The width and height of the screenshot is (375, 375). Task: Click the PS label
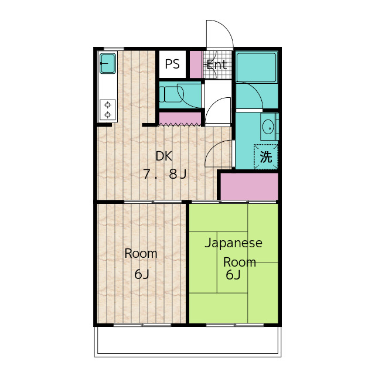(x=172, y=64)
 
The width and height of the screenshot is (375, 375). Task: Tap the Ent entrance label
(x=217, y=65)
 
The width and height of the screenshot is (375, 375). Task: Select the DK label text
(x=164, y=156)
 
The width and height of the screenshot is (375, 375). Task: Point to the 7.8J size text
(x=165, y=174)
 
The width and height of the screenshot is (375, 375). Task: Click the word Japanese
(x=233, y=243)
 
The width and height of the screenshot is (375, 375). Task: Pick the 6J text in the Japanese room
(x=233, y=275)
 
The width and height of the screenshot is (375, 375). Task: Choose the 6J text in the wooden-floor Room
(x=142, y=274)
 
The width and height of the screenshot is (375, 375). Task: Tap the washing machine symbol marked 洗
(x=266, y=157)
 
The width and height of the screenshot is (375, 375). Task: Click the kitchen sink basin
(x=108, y=63)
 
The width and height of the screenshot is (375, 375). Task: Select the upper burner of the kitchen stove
(x=108, y=105)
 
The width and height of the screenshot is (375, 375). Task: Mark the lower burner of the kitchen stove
(x=108, y=115)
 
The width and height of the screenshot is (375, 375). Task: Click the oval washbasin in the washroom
(x=268, y=127)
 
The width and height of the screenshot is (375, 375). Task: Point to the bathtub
(x=257, y=67)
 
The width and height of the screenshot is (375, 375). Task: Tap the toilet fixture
(x=171, y=94)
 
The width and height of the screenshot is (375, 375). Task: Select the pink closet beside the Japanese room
(x=249, y=186)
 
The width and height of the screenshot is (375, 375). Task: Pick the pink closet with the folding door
(x=180, y=118)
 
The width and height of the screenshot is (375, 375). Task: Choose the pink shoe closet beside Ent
(x=196, y=64)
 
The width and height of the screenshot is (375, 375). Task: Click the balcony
(x=187, y=342)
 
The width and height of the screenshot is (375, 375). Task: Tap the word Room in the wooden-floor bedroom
(x=141, y=254)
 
